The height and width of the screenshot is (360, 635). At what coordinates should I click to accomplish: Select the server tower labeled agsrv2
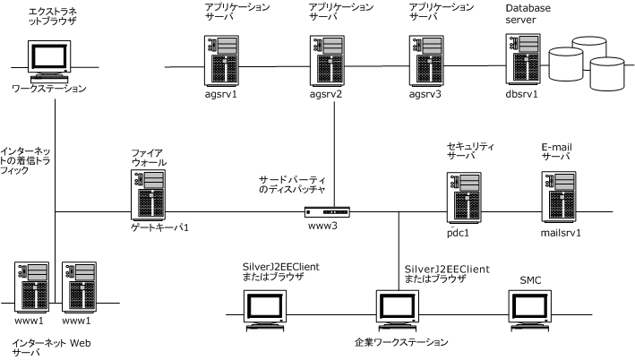click(x=326, y=61)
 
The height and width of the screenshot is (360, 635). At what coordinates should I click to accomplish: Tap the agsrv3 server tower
click(x=423, y=61)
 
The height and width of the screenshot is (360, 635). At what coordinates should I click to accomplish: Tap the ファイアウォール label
click(x=148, y=158)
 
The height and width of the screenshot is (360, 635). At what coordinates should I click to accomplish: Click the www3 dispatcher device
click(x=326, y=212)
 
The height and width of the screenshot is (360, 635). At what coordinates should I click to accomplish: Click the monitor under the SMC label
click(x=532, y=309)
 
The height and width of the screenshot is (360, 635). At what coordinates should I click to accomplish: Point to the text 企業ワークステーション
click(x=399, y=341)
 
